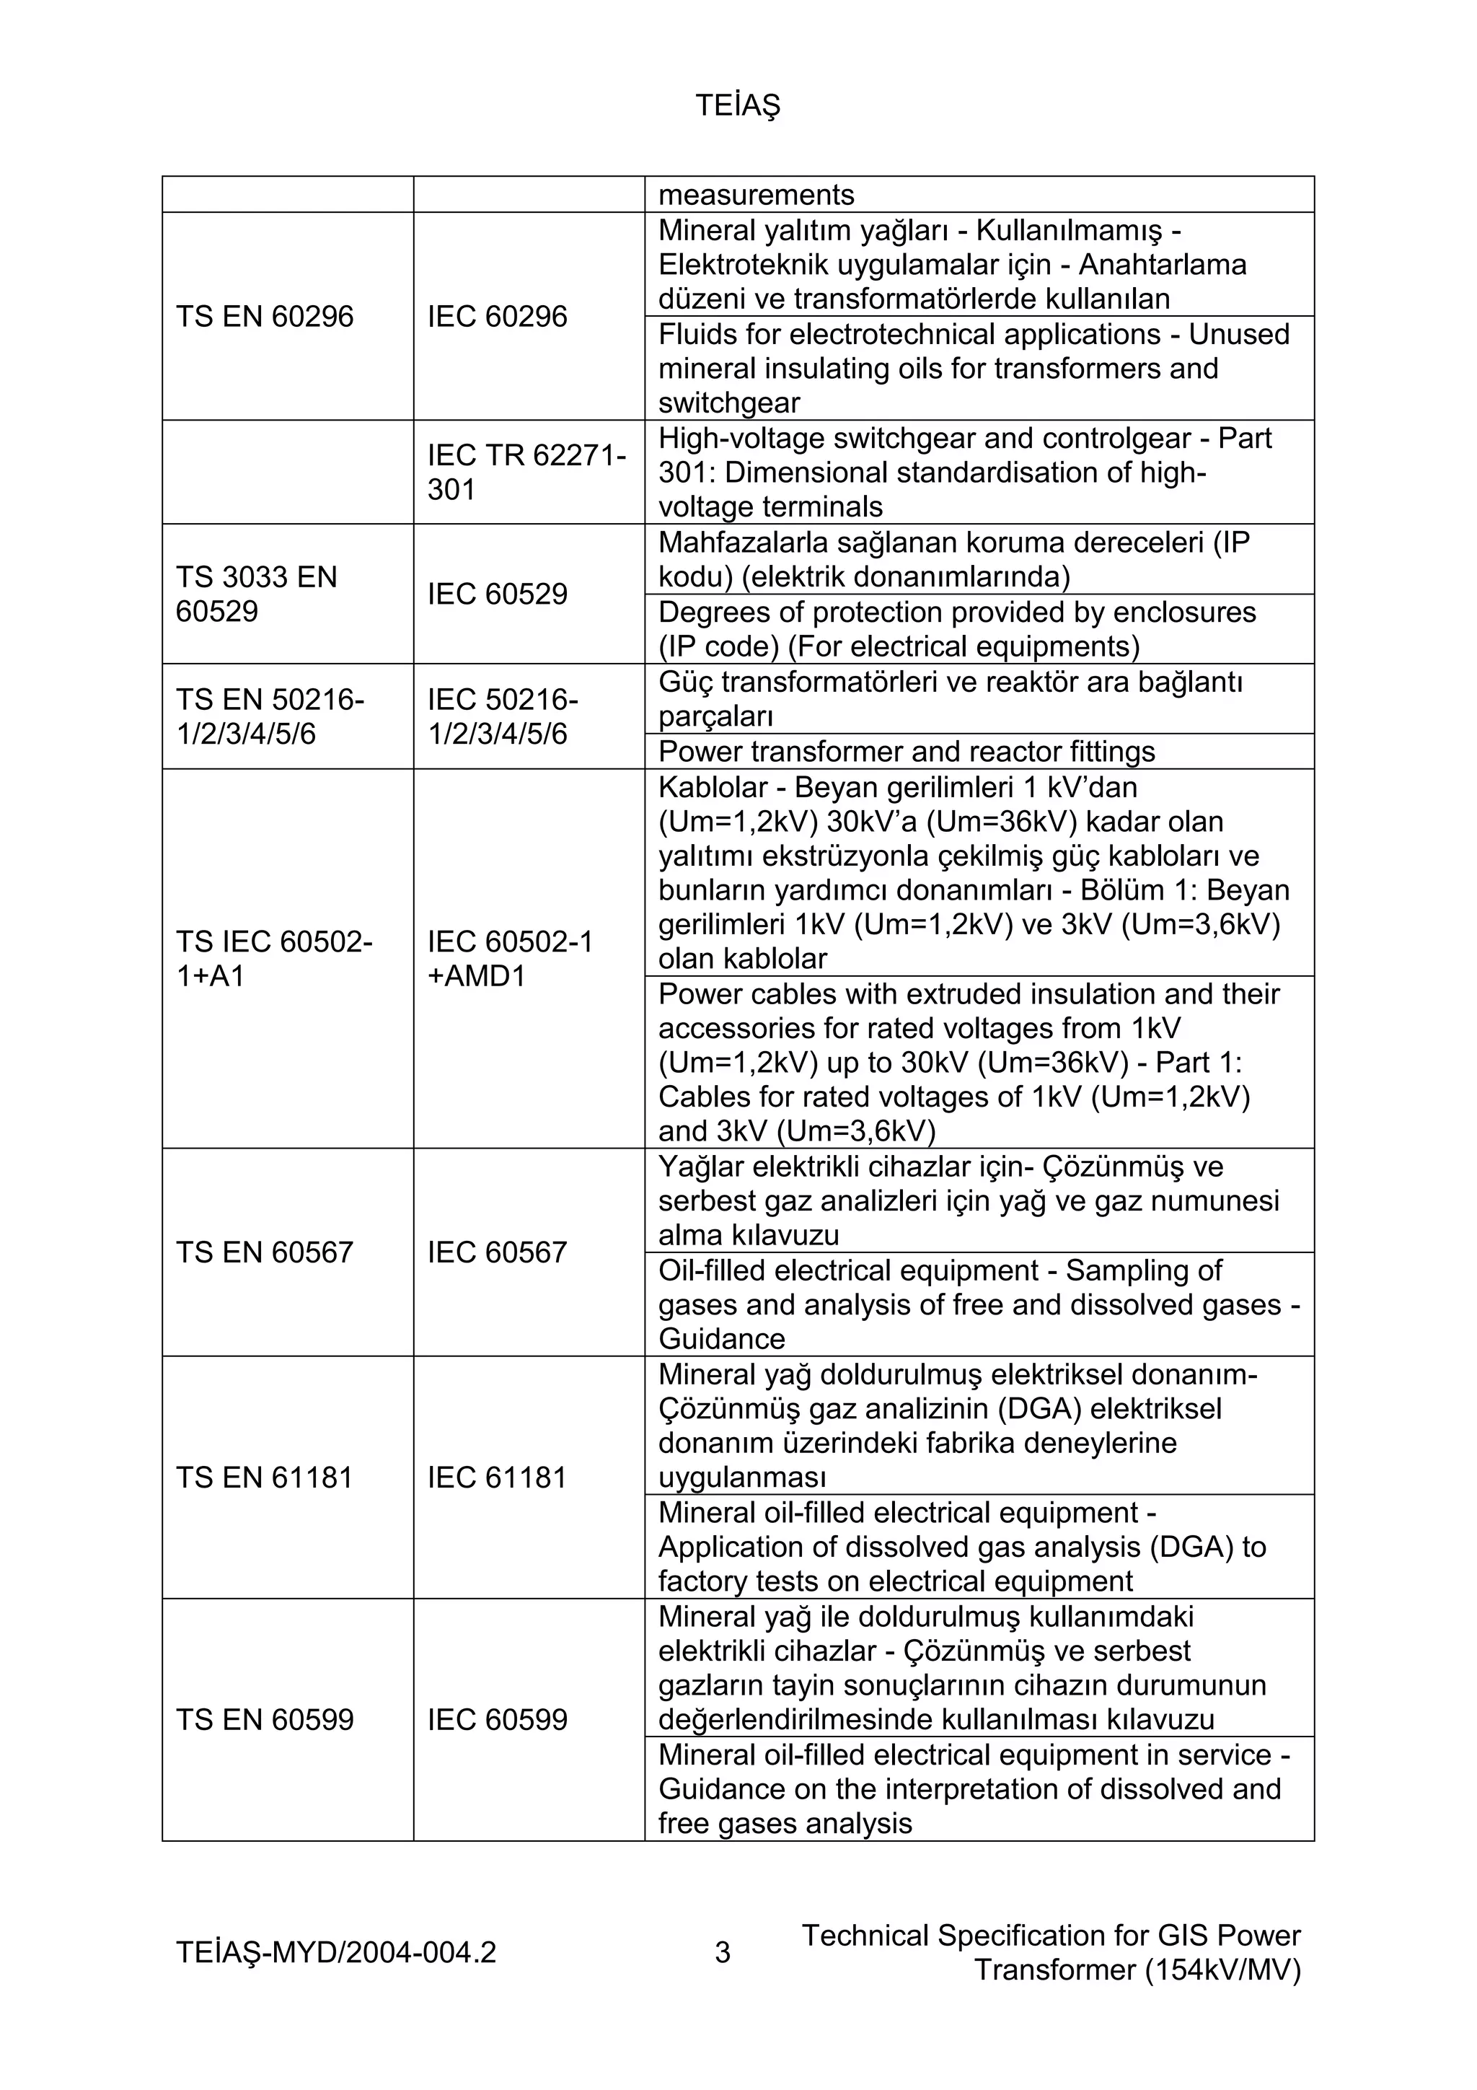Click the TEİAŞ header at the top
[737, 107]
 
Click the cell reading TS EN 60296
[264, 317]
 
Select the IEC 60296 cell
[497, 317]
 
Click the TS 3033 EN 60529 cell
[256, 594]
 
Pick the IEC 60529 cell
[497, 594]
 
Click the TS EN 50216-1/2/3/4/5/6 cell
[270, 716]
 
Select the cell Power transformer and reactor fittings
[906, 752]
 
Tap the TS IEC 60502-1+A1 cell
[273, 959]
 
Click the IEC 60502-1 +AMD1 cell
[510, 959]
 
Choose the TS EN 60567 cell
[264, 1252]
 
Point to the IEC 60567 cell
[497, 1252]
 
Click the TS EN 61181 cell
[264, 1478]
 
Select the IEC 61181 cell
[497, 1478]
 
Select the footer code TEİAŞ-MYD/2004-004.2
[336, 1952]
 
